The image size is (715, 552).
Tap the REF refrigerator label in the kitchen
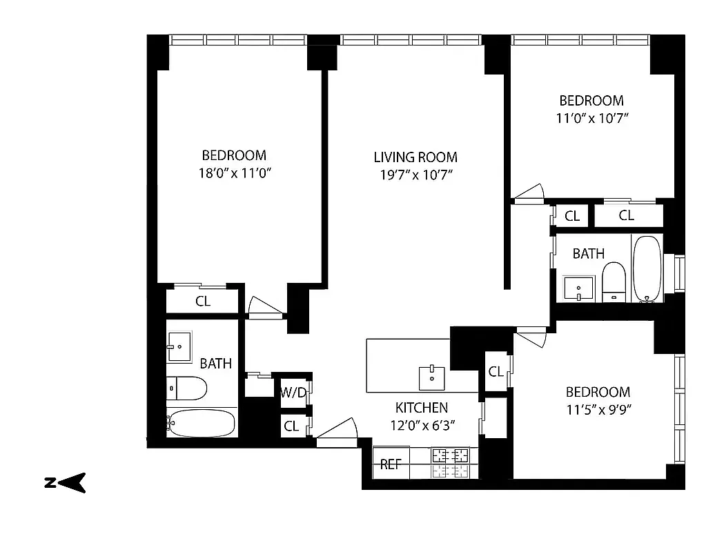391,464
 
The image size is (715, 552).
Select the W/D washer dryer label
293,393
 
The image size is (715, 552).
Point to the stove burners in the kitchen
449,456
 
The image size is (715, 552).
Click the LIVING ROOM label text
415,157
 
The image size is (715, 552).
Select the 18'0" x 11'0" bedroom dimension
233,173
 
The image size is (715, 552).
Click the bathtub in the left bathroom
202,422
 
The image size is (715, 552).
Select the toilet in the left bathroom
187,388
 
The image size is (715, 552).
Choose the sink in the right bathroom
575,287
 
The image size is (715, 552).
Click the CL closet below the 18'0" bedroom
202,302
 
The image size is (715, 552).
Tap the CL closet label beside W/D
291,426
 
